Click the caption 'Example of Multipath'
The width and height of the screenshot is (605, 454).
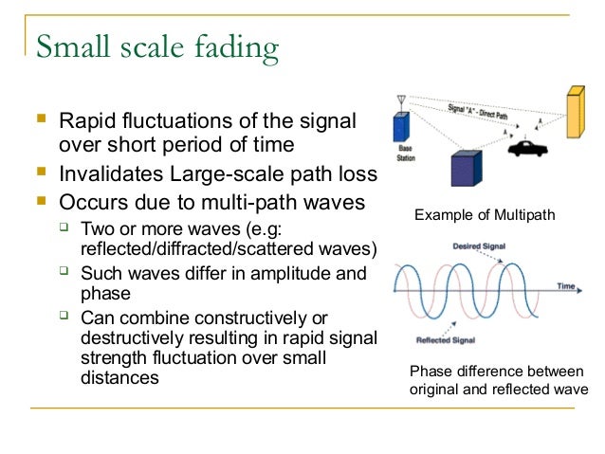pyautogui.click(x=485, y=217)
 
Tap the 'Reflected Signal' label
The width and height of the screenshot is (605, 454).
pyautogui.click(x=445, y=339)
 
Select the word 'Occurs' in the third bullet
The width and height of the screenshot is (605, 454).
pyautogui.click(x=91, y=203)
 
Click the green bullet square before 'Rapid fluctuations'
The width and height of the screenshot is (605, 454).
pyautogui.click(x=39, y=120)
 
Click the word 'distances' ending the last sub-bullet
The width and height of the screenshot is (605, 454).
pyautogui.click(x=119, y=378)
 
